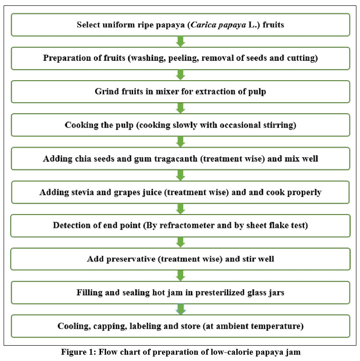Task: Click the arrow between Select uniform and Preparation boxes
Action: (180, 41)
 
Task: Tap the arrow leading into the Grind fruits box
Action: (180, 75)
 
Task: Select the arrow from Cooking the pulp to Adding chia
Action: (180, 142)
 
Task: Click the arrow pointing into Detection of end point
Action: (180, 209)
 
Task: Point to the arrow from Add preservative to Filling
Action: (180, 275)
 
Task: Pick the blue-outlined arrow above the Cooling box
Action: (181, 309)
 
